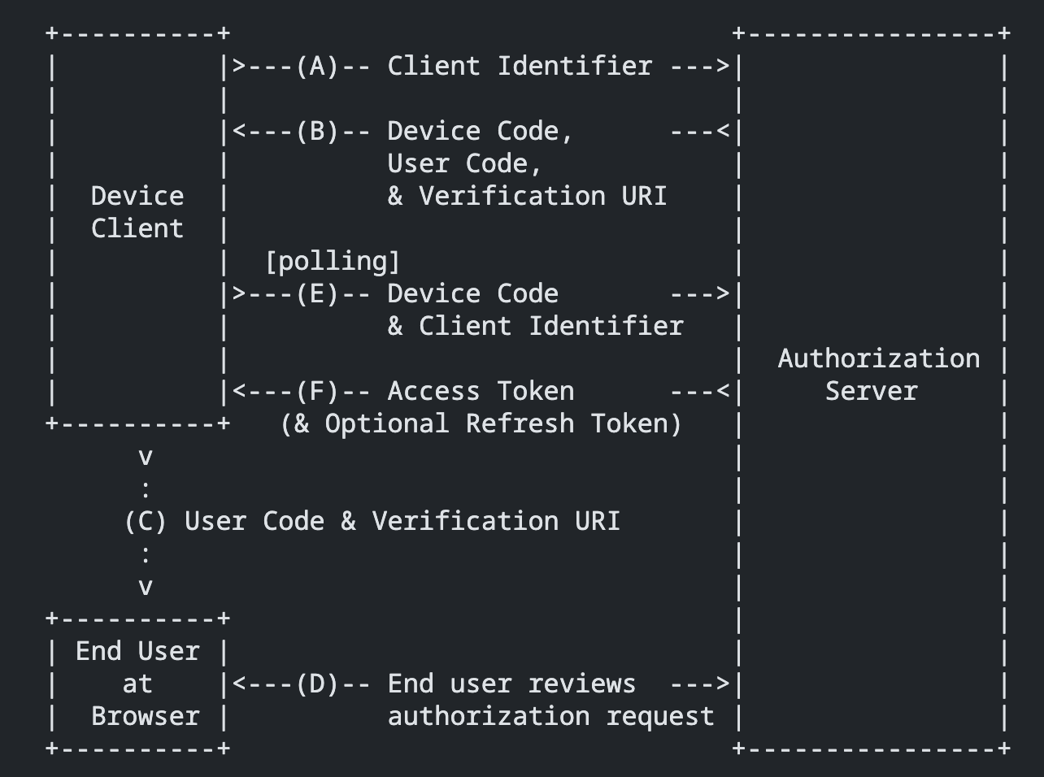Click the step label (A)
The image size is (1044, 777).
(317, 66)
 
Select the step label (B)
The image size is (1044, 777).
(317, 131)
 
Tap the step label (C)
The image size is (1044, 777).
(146, 521)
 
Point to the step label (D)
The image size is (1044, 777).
(317, 684)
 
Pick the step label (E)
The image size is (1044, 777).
(317, 293)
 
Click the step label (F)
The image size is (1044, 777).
(317, 391)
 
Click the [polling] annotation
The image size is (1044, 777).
(333, 261)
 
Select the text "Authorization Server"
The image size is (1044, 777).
(878, 375)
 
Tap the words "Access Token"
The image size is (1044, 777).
(481, 391)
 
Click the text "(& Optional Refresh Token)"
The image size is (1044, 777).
(481, 423)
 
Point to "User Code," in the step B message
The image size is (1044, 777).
(464, 163)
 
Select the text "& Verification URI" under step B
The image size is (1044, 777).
(527, 196)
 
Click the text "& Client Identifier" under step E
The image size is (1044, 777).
(535, 326)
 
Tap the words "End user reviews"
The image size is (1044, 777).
(511, 684)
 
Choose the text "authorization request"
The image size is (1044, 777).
(550, 716)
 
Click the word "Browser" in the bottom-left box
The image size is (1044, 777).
(145, 716)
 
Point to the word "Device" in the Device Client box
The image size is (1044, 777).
(137, 196)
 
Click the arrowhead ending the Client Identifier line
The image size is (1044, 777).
(724, 66)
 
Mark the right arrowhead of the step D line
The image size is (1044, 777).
(724, 684)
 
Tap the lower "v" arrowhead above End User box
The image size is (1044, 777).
(146, 587)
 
